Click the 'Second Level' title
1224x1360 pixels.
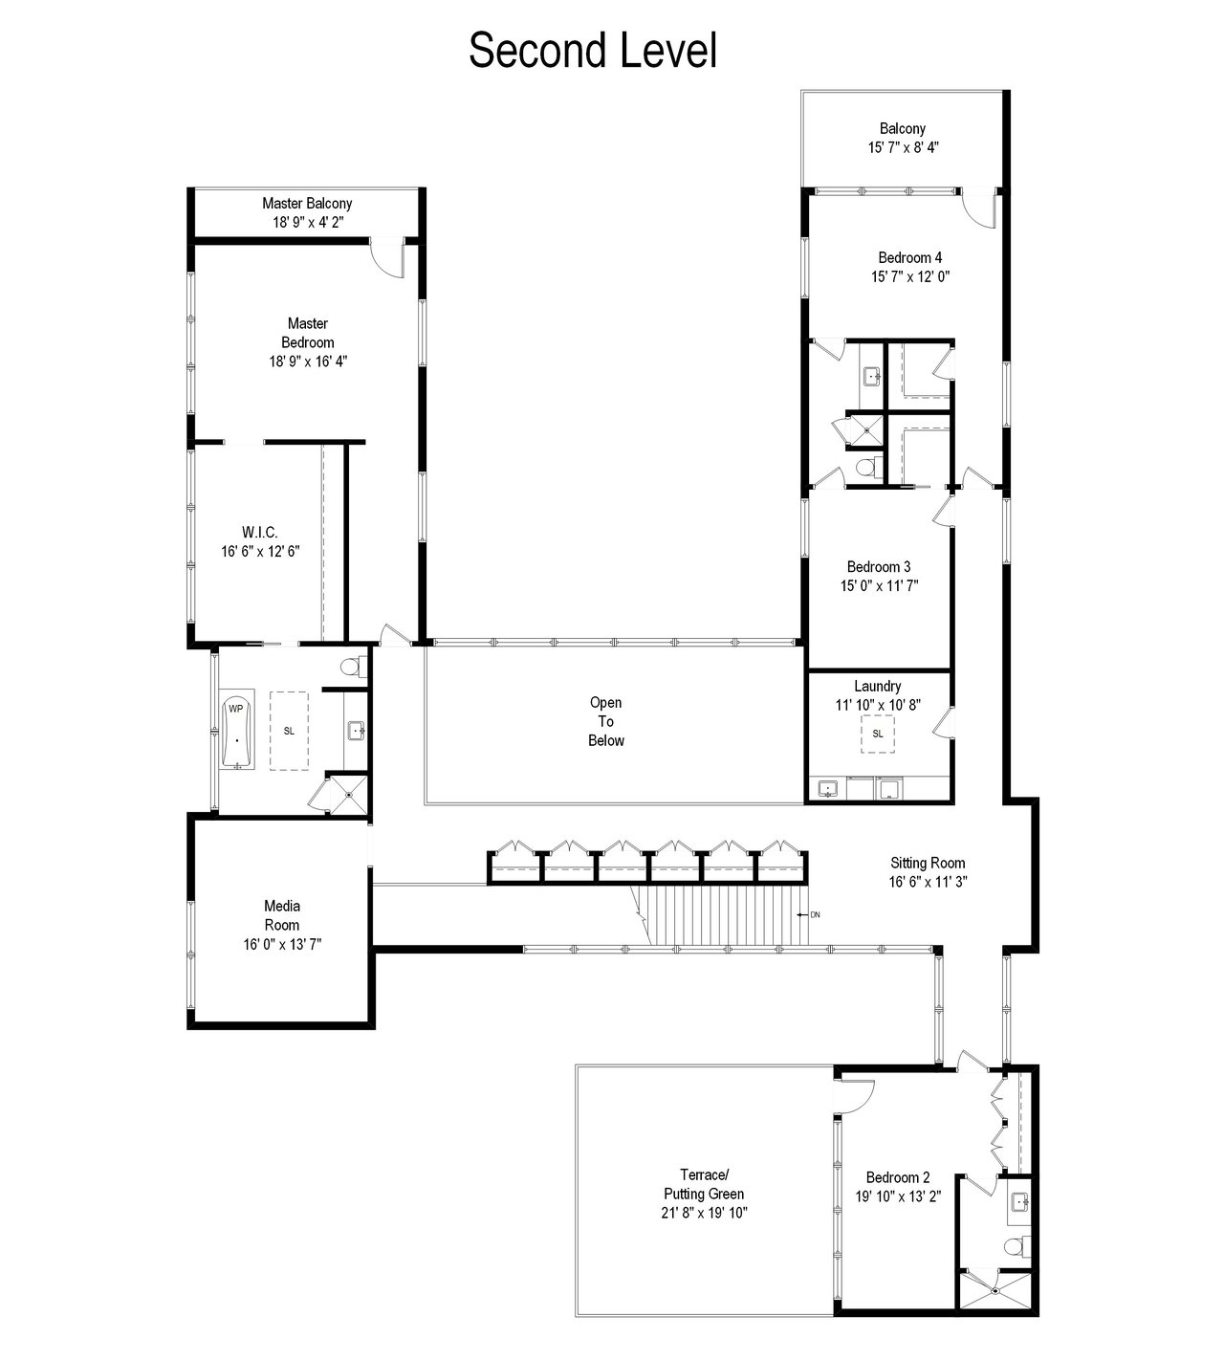593,51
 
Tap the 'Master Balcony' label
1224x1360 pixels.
307,204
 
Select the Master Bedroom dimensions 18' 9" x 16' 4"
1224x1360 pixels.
309,362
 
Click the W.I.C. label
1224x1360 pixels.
260,532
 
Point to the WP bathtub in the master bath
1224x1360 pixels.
236,733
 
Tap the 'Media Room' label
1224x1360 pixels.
282,915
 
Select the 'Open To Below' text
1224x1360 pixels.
605,721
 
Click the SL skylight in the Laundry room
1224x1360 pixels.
878,734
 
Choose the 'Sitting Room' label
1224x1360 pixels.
928,863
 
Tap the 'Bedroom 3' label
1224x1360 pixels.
879,567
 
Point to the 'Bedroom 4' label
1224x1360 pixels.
910,257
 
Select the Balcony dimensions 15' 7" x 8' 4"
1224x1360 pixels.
904,148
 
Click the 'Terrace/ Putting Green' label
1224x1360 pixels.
704,1184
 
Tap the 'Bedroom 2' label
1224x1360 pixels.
898,1177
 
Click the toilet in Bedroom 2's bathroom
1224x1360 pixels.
1017,1247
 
